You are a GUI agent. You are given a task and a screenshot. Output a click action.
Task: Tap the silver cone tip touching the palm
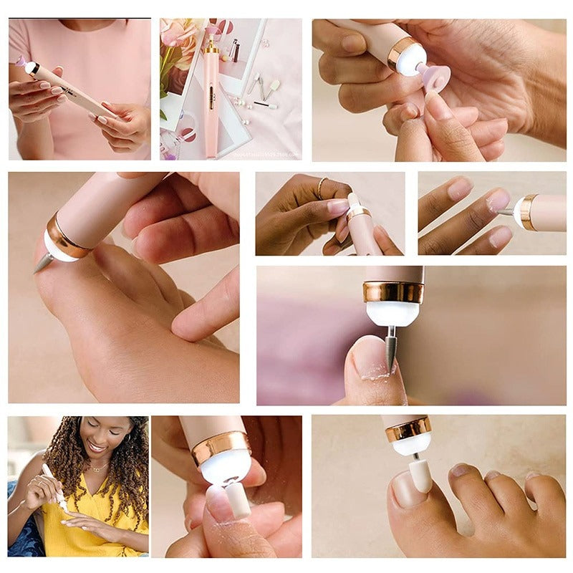click(42, 263)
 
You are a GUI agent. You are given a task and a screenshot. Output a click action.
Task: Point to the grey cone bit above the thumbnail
click(390, 347)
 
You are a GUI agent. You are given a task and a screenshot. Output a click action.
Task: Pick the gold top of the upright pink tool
click(211, 47)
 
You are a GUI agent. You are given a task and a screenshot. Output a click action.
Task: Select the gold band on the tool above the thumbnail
click(393, 292)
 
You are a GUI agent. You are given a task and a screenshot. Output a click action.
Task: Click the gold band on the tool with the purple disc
click(403, 53)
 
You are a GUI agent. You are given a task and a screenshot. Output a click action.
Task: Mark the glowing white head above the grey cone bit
click(392, 314)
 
